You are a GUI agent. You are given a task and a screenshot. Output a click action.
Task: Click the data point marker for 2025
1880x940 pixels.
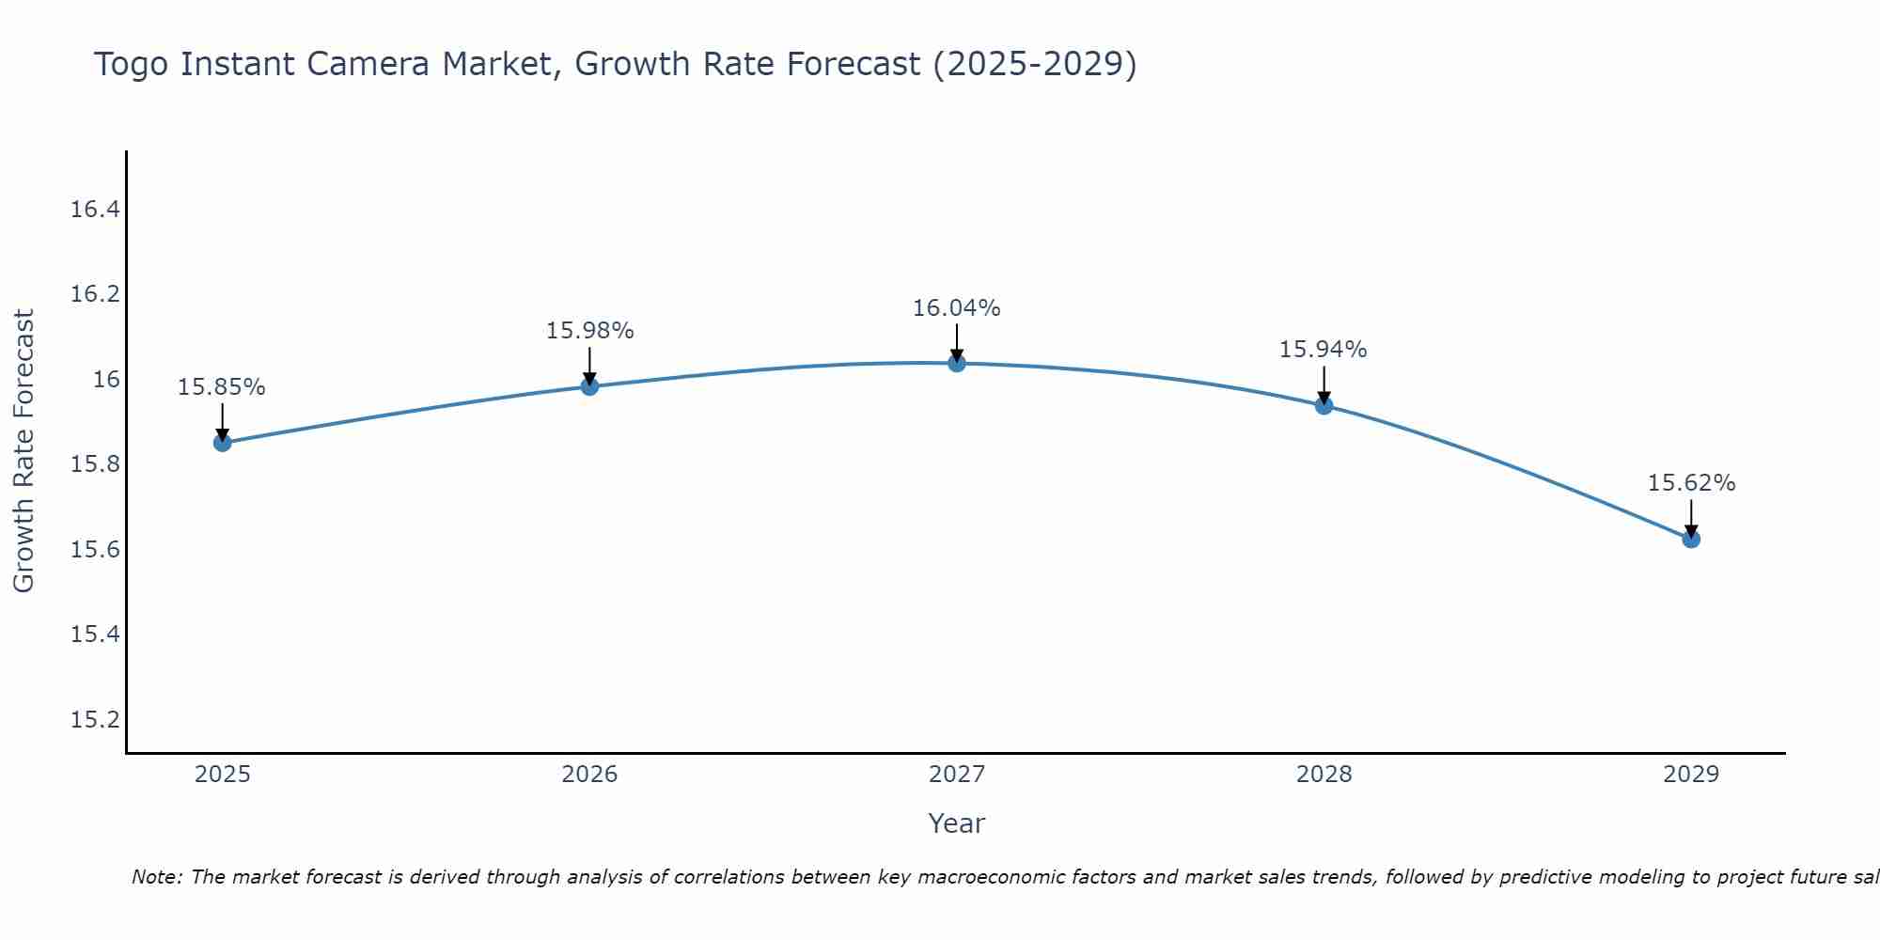(x=223, y=443)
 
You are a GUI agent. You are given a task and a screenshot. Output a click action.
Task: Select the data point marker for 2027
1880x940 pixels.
(x=957, y=363)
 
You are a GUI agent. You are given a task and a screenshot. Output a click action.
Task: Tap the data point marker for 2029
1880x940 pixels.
(x=1691, y=539)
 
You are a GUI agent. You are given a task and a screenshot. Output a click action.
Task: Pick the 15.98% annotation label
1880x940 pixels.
(x=589, y=331)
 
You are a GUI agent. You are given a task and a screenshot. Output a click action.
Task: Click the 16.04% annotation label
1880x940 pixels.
(x=957, y=308)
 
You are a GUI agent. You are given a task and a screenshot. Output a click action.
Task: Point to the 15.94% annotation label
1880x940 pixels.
(x=1323, y=350)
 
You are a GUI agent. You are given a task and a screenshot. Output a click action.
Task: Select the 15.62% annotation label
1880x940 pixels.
(x=1691, y=483)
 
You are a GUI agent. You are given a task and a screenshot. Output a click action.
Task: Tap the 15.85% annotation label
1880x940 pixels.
(x=222, y=387)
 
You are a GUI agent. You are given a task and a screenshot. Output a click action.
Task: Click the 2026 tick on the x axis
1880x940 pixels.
(x=589, y=775)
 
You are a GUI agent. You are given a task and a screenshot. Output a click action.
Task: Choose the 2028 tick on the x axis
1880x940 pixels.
(x=1324, y=775)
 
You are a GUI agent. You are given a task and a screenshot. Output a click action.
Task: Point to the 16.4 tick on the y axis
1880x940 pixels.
(x=95, y=210)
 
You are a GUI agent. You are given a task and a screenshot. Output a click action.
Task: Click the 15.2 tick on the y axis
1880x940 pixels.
(x=95, y=720)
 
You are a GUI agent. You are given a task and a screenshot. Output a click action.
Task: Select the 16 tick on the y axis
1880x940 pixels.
(x=106, y=380)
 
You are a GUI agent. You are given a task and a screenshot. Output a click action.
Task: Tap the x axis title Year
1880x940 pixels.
(x=956, y=823)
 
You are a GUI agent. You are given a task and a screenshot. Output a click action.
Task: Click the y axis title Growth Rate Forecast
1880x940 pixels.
(x=23, y=451)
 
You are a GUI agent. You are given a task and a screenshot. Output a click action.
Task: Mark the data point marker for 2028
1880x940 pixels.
(x=1324, y=405)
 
